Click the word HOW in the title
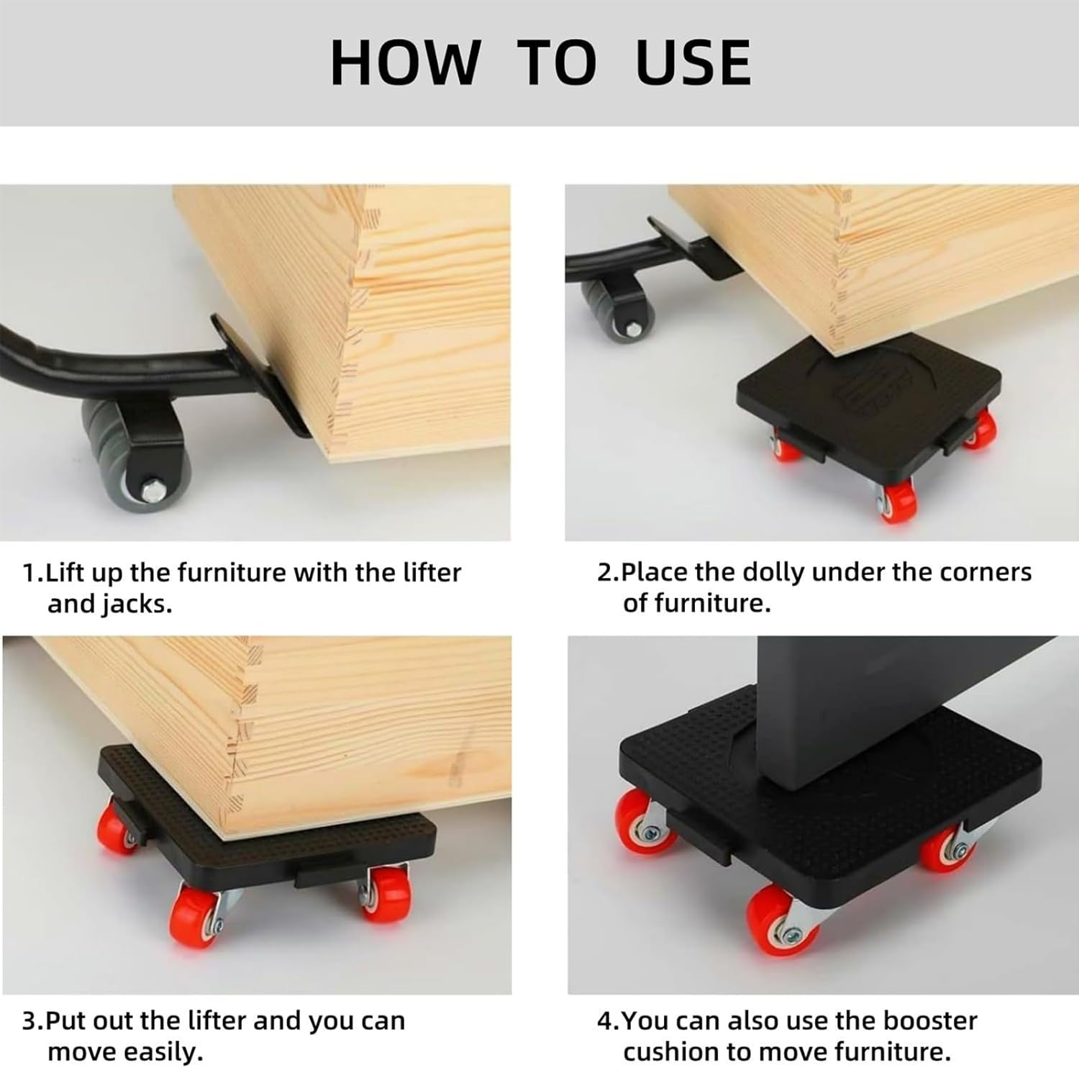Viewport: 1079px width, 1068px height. point(405,63)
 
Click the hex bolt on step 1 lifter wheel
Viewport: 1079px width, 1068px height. point(152,491)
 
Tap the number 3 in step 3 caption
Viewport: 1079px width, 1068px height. point(29,1021)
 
